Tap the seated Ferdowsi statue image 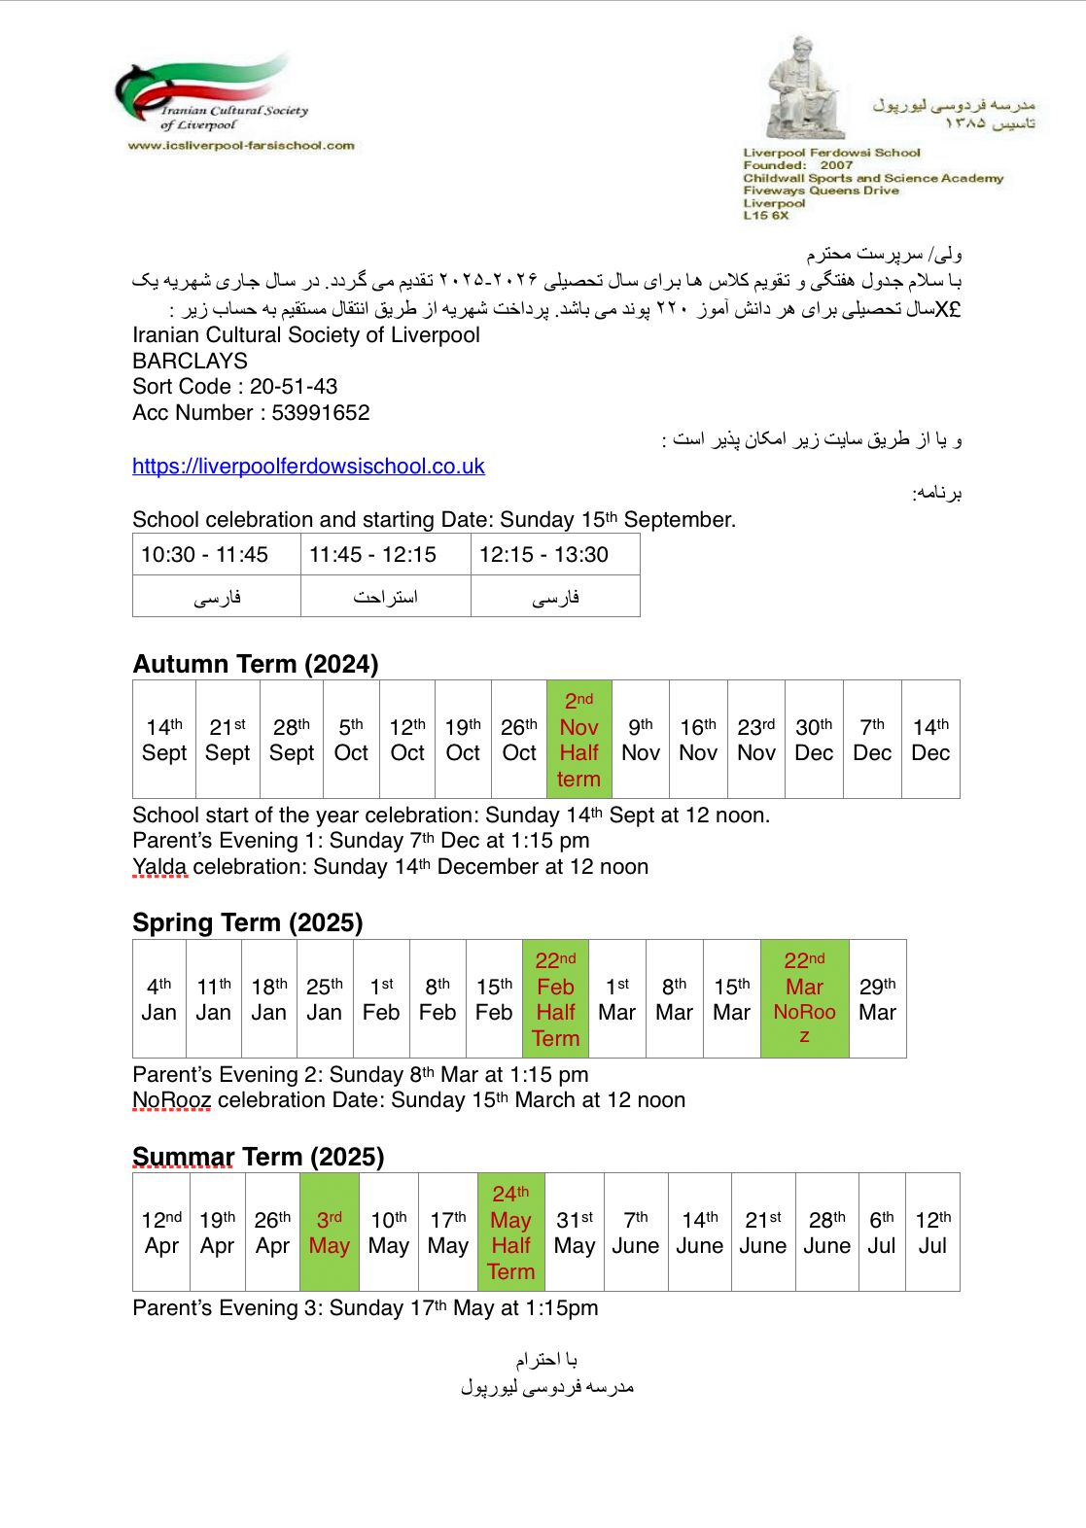click(x=802, y=89)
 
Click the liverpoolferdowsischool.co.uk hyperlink click(x=308, y=467)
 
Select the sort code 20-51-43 click(x=293, y=387)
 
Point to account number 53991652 click(x=321, y=413)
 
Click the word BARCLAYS click(x=191, y=361)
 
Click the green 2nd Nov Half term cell click(x=578, y=740)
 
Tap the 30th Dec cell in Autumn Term click(x=814, y=740)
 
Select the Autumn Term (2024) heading click(x=256, y=665)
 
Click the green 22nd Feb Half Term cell click(x=555, y=999)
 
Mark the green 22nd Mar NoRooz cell click(x=804, y=999)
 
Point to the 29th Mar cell click(x=877, y=999)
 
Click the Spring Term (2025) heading click(x=248, y=923)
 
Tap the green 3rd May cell click(x=330, y=1233)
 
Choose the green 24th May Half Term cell click(x=510, y=1233)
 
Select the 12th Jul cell click(x=932, y=1233)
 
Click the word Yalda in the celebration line click(x=159, y=867)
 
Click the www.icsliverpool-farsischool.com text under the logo click(x=241, y=146)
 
